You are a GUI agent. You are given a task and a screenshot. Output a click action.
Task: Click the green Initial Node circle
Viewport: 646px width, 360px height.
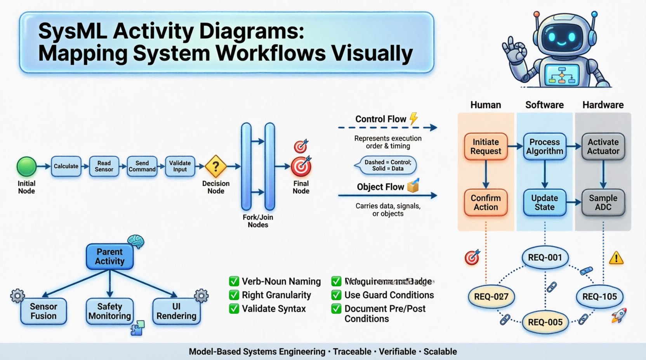pos(26,166)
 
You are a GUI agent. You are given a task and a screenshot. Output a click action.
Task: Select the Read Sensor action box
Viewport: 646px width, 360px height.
pos(104,166)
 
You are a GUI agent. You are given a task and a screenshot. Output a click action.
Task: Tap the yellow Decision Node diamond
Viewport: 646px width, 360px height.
pos(216,166)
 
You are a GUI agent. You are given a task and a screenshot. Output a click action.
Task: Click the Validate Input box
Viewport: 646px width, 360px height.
pos(180,166)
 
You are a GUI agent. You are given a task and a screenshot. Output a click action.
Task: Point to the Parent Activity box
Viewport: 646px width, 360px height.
pos(109,256)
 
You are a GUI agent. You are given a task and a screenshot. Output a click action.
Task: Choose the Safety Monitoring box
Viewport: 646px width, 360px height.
pos(109,311)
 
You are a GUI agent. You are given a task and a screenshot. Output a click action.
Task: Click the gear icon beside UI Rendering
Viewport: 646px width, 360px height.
pos(201,296)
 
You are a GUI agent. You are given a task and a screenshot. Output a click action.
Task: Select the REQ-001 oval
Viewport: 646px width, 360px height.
pos(545,258)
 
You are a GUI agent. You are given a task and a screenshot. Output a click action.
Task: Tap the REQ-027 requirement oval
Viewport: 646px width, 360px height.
pos(491,297)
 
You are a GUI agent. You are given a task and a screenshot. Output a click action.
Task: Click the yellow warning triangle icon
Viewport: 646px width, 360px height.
pos(616,258)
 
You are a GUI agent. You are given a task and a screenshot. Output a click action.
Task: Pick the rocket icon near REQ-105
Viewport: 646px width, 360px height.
pos(619,315)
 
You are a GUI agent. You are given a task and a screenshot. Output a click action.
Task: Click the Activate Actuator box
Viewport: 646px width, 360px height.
pos(603,147)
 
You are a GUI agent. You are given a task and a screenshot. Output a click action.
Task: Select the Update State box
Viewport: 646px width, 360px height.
pos(544,202)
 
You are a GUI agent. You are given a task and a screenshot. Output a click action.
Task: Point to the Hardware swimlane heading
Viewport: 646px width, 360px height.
pos(603,105)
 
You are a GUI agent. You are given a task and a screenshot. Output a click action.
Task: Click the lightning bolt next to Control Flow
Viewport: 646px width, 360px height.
pos(414,118)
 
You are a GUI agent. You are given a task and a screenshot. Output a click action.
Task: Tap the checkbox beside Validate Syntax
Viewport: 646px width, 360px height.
pos(234,309)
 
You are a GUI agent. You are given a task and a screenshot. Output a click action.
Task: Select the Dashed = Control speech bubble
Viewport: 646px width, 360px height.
pos(387,165)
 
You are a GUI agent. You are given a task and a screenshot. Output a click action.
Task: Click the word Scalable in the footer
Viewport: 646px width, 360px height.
pos(440,351)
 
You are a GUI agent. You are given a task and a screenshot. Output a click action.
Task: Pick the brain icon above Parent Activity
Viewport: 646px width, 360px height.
pos(136,241)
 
